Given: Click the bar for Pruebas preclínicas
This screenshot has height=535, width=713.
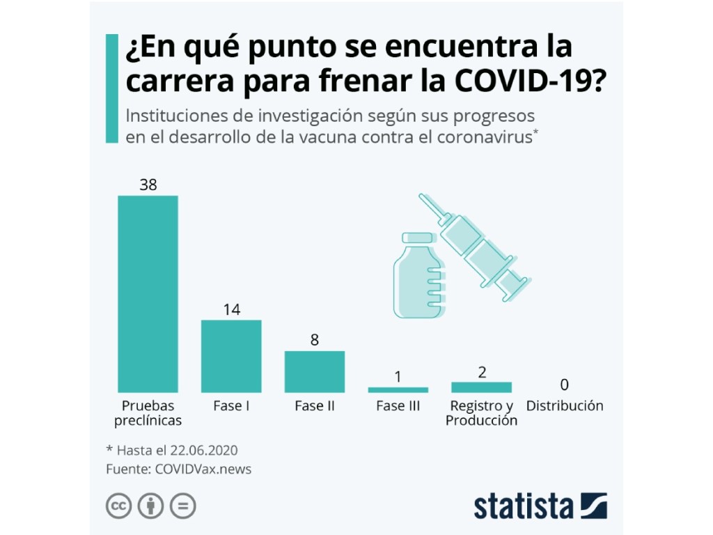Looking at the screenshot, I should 148,293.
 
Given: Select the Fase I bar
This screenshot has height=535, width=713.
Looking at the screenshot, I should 231,356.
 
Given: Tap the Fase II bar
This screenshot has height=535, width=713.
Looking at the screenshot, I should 315,371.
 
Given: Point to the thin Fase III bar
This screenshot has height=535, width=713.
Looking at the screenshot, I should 398,389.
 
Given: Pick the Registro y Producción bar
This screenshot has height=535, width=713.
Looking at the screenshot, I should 481,387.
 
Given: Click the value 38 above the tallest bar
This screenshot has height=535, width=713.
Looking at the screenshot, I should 148,185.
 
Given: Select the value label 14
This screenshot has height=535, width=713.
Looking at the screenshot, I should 231,310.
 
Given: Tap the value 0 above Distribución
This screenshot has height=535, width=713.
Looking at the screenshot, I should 565,385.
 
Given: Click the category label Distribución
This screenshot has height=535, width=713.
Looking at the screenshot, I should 565,405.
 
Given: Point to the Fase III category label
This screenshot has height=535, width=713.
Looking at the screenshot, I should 398,405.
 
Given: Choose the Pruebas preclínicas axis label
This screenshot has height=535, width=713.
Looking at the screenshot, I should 148,413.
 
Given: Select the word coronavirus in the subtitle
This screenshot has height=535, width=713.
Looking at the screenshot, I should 483,136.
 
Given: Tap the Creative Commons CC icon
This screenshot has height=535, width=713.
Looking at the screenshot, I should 119,506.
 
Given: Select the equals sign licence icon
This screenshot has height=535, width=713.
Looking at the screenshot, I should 183,506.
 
